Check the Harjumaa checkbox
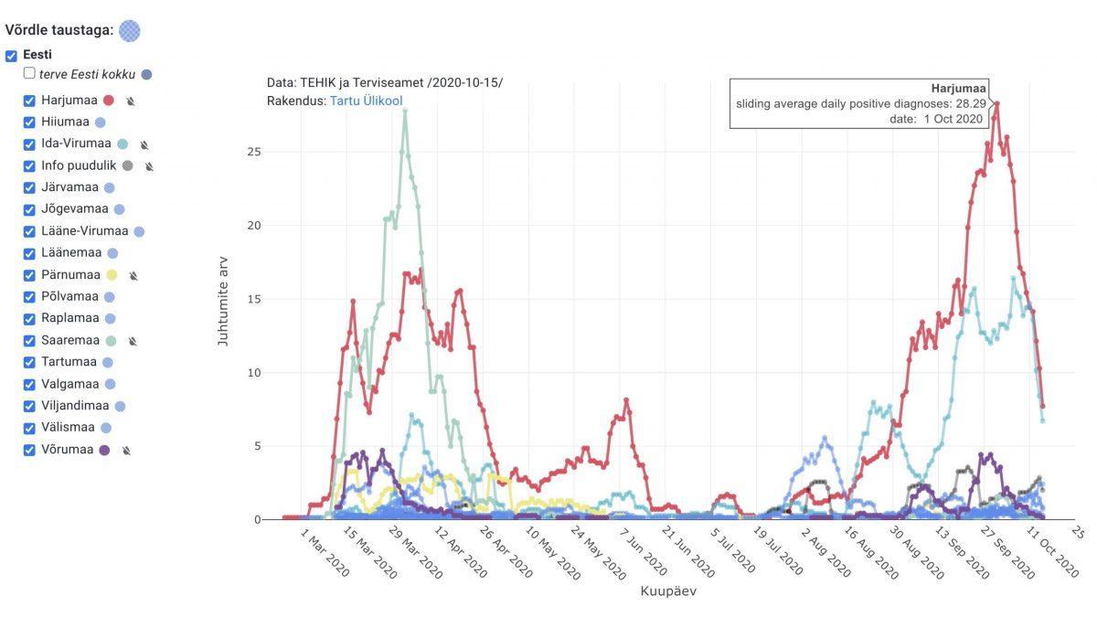30,101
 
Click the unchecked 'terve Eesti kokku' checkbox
30,73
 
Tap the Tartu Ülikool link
366,101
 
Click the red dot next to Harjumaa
109,101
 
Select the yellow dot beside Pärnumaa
112,275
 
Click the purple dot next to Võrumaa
104,450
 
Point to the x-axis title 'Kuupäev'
668,591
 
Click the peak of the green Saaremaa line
404,111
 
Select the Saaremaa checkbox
30,341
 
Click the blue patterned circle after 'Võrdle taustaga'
130,31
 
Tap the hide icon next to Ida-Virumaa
144,144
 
